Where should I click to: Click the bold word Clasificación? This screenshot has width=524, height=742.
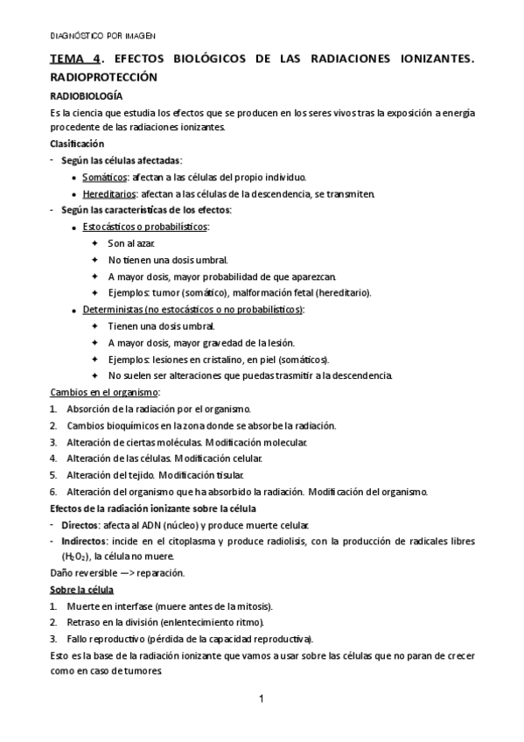(77, 143)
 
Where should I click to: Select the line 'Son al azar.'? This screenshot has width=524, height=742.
(131, 242)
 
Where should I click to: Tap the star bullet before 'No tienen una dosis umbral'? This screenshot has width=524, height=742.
(94, 260)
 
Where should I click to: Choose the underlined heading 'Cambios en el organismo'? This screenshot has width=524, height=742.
(103, 392)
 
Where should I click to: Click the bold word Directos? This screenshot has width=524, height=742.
(80, 525)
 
